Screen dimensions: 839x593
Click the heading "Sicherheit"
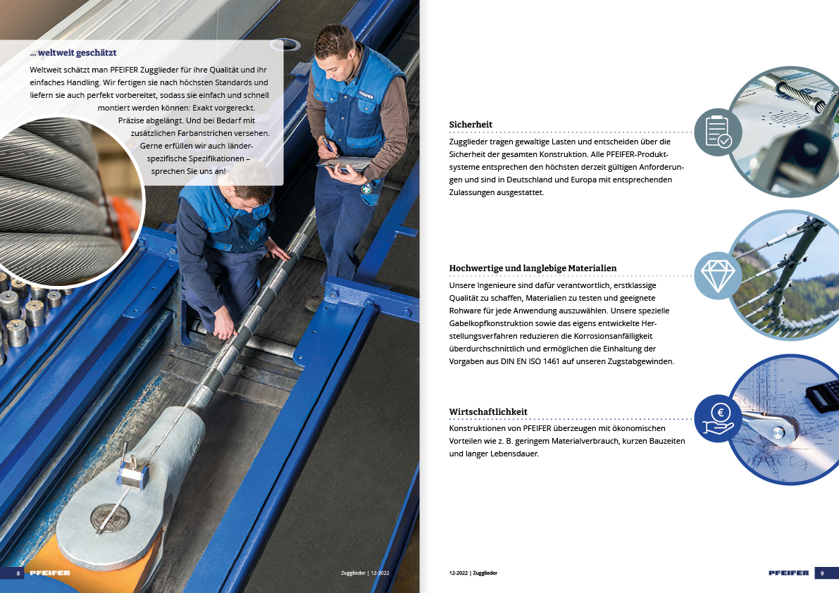coord(471,125)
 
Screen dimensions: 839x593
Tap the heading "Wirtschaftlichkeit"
coord(488,412)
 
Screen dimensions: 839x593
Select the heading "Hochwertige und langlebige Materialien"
coord(533,268)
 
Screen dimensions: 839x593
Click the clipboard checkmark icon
coord(718,132)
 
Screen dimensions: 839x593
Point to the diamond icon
coord(718,275)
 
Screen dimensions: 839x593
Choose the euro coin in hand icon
coord(718,418)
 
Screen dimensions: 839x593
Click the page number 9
coord(822,573)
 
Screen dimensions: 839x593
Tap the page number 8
coord(18,573)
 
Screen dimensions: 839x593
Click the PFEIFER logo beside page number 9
coord(789,573)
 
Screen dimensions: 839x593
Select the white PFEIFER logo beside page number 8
coord(50,573)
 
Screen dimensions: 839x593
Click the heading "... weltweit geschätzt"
coord(73,52)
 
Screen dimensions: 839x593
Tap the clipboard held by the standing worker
coord(345,163)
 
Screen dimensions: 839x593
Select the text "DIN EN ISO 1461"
coord(530,361)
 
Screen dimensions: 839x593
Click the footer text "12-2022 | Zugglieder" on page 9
coord(473,573)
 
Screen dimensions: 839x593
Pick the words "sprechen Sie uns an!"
coord(188,171)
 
